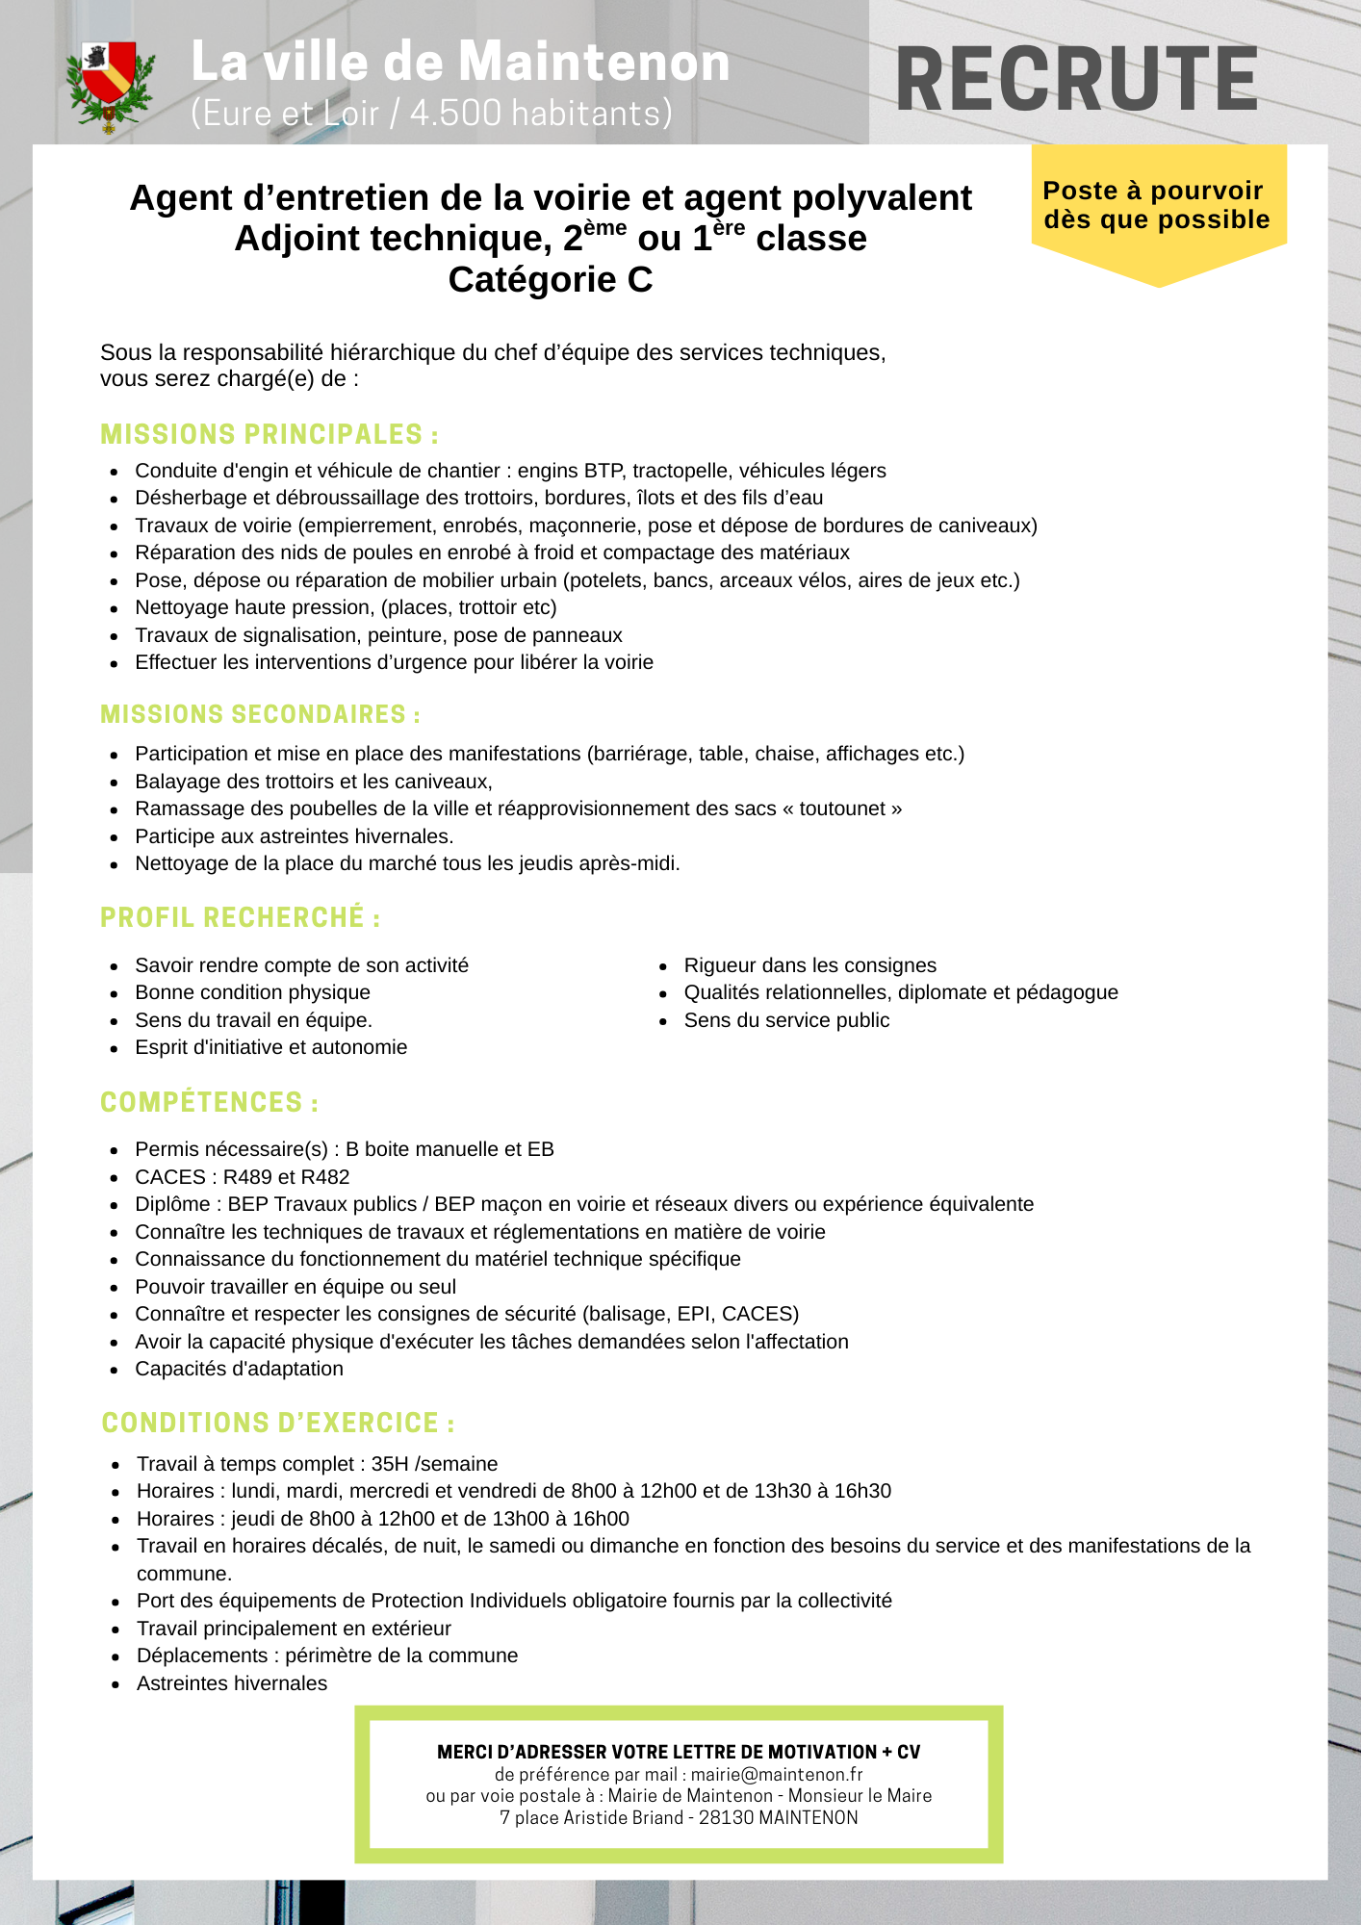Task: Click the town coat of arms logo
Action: tap(109, 86)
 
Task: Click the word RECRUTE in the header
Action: tap(1076, 80)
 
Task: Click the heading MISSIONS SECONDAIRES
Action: tap(260, 715)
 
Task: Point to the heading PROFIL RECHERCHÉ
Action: tap(240, 918)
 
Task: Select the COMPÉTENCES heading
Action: tap(209, 1103)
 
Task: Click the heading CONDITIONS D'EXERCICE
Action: tap(278, 1424)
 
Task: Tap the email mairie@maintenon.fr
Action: tap(776, 1775)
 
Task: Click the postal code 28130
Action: tap(726, 1818)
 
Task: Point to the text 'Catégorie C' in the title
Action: tap(551, 280)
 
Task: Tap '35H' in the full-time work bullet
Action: tap(390, 1464)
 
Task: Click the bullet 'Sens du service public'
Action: tap(786, 1020)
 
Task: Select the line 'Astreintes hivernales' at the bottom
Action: tap(232, 1683)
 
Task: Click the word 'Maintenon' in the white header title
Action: tap(593, 63)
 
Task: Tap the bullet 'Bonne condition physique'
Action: tap(252, 992)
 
